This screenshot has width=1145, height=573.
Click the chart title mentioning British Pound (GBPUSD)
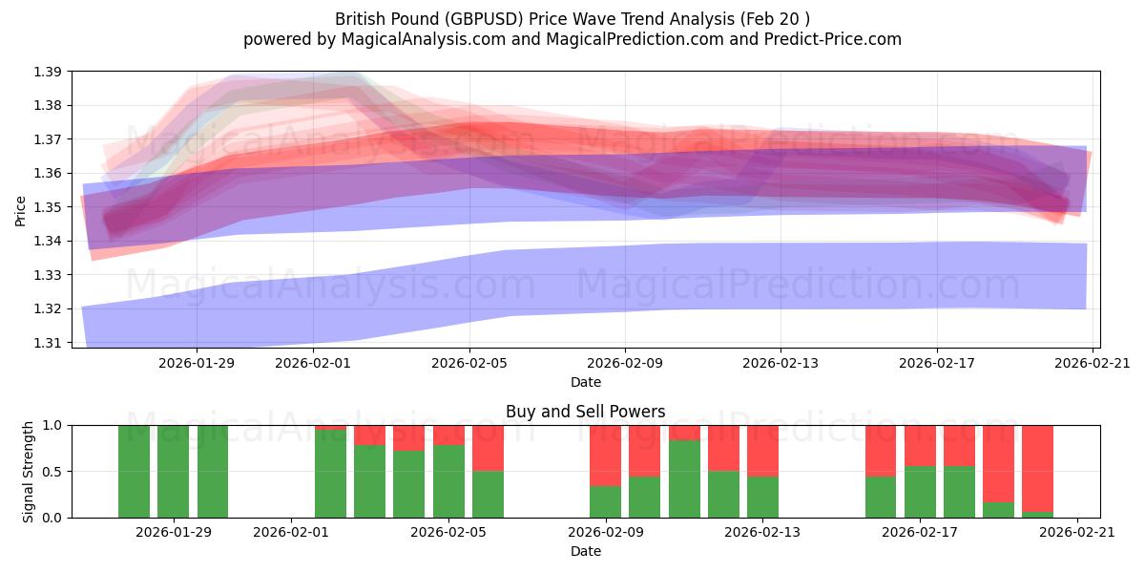(572, 18)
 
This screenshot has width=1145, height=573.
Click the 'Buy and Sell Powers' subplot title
(585, 412)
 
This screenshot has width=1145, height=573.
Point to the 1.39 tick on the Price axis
(48, 72)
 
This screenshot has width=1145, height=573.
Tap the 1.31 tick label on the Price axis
(48, 343)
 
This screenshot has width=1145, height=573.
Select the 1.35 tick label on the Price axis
(48, 207)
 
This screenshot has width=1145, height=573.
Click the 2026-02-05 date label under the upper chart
(468, 363)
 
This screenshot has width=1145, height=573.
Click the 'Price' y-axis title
(21, 210)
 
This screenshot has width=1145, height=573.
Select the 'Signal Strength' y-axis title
(29, 471)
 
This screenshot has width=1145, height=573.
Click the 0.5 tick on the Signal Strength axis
(52, 472)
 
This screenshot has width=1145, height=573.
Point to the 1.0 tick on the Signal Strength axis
(52, 426)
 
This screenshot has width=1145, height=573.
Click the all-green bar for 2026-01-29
(173, 472)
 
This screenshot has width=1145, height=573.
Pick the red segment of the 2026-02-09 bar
(605, 456)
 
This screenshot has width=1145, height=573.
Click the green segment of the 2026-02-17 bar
(920, 492)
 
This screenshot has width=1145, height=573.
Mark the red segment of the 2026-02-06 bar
(488, 448)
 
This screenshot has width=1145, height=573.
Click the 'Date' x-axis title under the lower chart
(585, 551)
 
